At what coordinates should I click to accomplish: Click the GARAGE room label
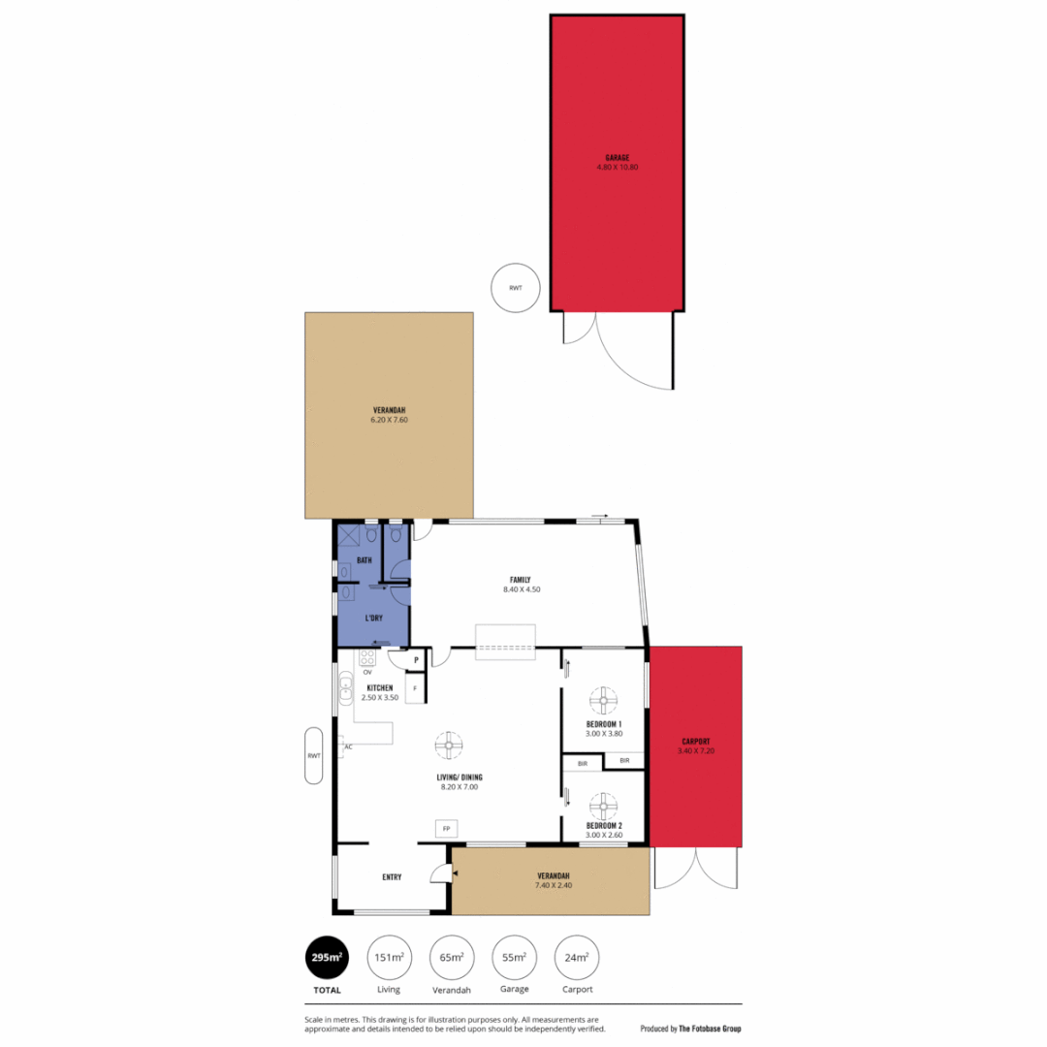coord(617,157)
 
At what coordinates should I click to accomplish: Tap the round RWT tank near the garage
coord(516,288)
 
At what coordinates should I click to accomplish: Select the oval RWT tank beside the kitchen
coord(314,755)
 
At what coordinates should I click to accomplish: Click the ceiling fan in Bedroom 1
coord(604,699)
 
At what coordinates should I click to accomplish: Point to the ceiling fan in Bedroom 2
coord(604,804)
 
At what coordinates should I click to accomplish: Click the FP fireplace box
coord(447,829)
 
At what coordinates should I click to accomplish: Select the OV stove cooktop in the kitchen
coord(367,658)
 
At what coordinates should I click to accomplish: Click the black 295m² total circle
coord(327,959)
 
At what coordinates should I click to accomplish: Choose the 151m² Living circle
coord(389,959)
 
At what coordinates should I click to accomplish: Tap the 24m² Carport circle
coord(577,959)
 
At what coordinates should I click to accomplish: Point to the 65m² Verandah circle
coord(451,959)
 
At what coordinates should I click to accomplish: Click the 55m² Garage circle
coord(514,959)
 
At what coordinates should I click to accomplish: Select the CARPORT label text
coord(695,741)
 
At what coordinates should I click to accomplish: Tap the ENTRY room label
coord(392,877)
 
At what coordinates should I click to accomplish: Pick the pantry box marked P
coord(416,660)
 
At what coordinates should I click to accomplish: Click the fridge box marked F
coord(415,689)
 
